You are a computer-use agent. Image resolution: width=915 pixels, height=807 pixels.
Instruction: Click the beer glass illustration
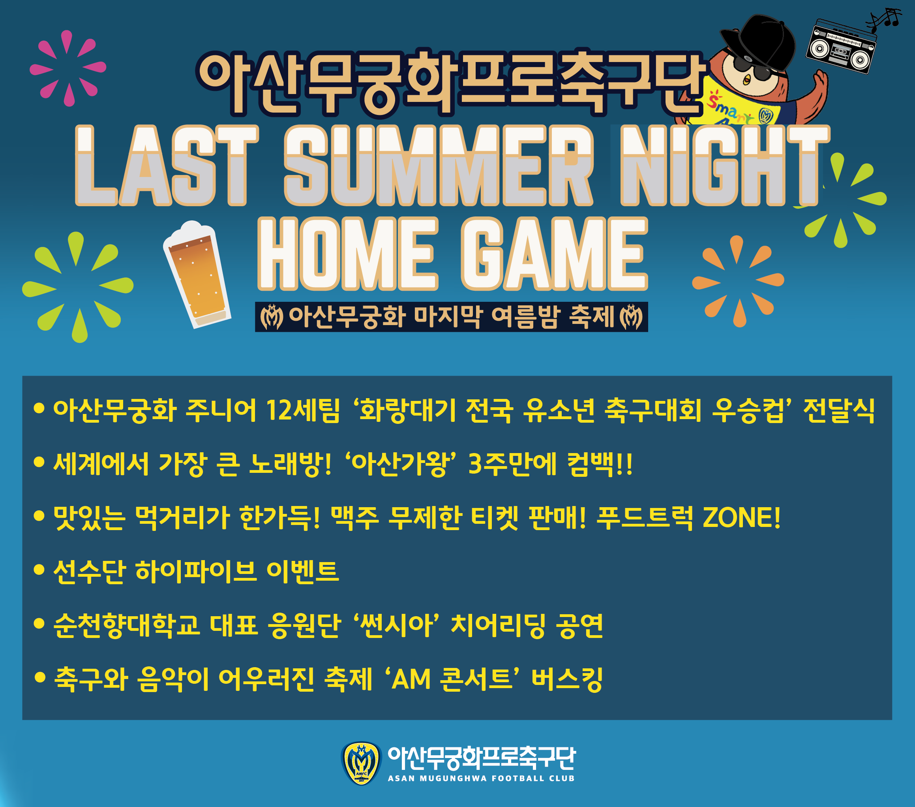[x=197, y=274]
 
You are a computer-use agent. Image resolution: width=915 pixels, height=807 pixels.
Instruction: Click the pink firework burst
[x=67, y=68]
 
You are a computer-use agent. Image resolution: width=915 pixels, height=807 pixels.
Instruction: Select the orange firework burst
[x=738, y=281]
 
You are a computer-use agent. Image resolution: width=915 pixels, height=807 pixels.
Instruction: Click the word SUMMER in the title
[x=439, y=165]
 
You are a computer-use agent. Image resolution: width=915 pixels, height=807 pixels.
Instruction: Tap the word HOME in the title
[x=347, y=254]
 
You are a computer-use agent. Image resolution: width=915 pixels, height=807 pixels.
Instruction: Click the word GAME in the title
[x=555, y=254]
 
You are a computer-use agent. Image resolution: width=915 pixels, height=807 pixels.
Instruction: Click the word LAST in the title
[x=167, y=165]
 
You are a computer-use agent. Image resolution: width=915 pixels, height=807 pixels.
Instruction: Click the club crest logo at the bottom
[x=361, y=763]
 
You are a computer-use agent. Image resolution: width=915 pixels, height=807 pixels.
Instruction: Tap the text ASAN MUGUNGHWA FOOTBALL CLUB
[x=481, y=778]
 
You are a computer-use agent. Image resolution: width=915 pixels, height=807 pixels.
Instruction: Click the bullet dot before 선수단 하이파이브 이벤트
[x=39, y=570]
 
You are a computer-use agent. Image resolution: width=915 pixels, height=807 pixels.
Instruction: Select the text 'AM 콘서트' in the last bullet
[x=452, y=679]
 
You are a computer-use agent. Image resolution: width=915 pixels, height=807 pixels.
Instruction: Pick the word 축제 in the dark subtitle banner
[x=591, y=317]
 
